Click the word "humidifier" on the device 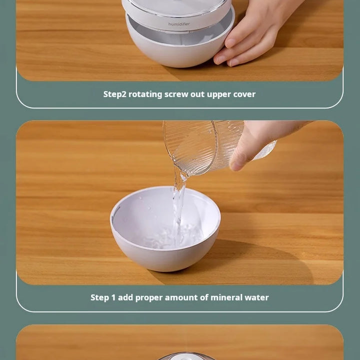click(x=179, y=24)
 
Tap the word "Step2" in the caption click(x=115, y=94)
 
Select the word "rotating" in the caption click(x=145, y=94)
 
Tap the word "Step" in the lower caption click(x=99, y=297)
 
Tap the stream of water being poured click(x=178, y=202)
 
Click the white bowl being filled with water click(x=165, y=229)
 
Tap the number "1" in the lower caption click(x=113, y=297)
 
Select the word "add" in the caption click(x=125, y=297)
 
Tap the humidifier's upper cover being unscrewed click(x=177, y=14)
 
